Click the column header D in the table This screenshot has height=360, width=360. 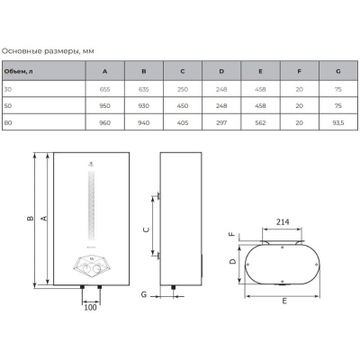[x=221, y=71]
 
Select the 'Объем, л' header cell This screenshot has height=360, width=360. [x=18, y=71]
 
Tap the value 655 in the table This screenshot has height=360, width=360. [x=104, y=89]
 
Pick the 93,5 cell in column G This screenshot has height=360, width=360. [x=338, y=122]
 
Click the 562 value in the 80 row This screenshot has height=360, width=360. [x=260, y=122]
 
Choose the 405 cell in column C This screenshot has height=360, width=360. [x=183, y=122]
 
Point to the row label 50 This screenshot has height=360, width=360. [x=8, y=106]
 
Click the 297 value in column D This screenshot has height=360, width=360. [x=221, y=122]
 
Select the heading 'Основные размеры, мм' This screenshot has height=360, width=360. [x=48, y=51]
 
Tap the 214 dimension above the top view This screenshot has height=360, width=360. [x=283, y=221]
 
